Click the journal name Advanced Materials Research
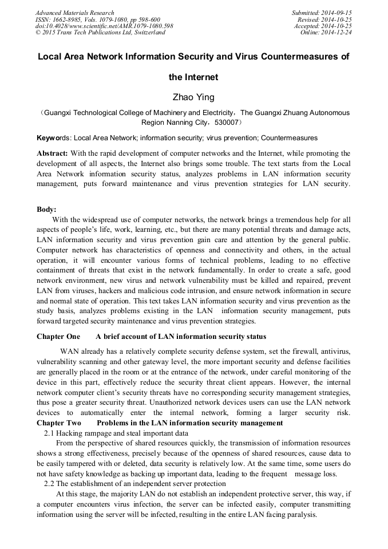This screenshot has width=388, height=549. [x=74, y=13]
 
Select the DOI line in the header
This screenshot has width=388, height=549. [x=104, y=26]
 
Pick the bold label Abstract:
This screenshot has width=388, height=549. [x=52, y=154]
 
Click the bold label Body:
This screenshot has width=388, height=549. [x=46, y=209]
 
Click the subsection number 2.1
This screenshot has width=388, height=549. [x=49, y=433]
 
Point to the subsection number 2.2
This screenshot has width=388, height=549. [x=49, y=484]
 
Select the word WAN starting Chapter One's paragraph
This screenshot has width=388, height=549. [x=69, y=350]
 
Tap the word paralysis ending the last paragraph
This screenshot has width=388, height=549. [x=334, y=515]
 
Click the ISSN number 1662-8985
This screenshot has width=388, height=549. [x=66, y=19]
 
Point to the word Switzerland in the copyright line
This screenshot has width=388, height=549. [x=148, y=33]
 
